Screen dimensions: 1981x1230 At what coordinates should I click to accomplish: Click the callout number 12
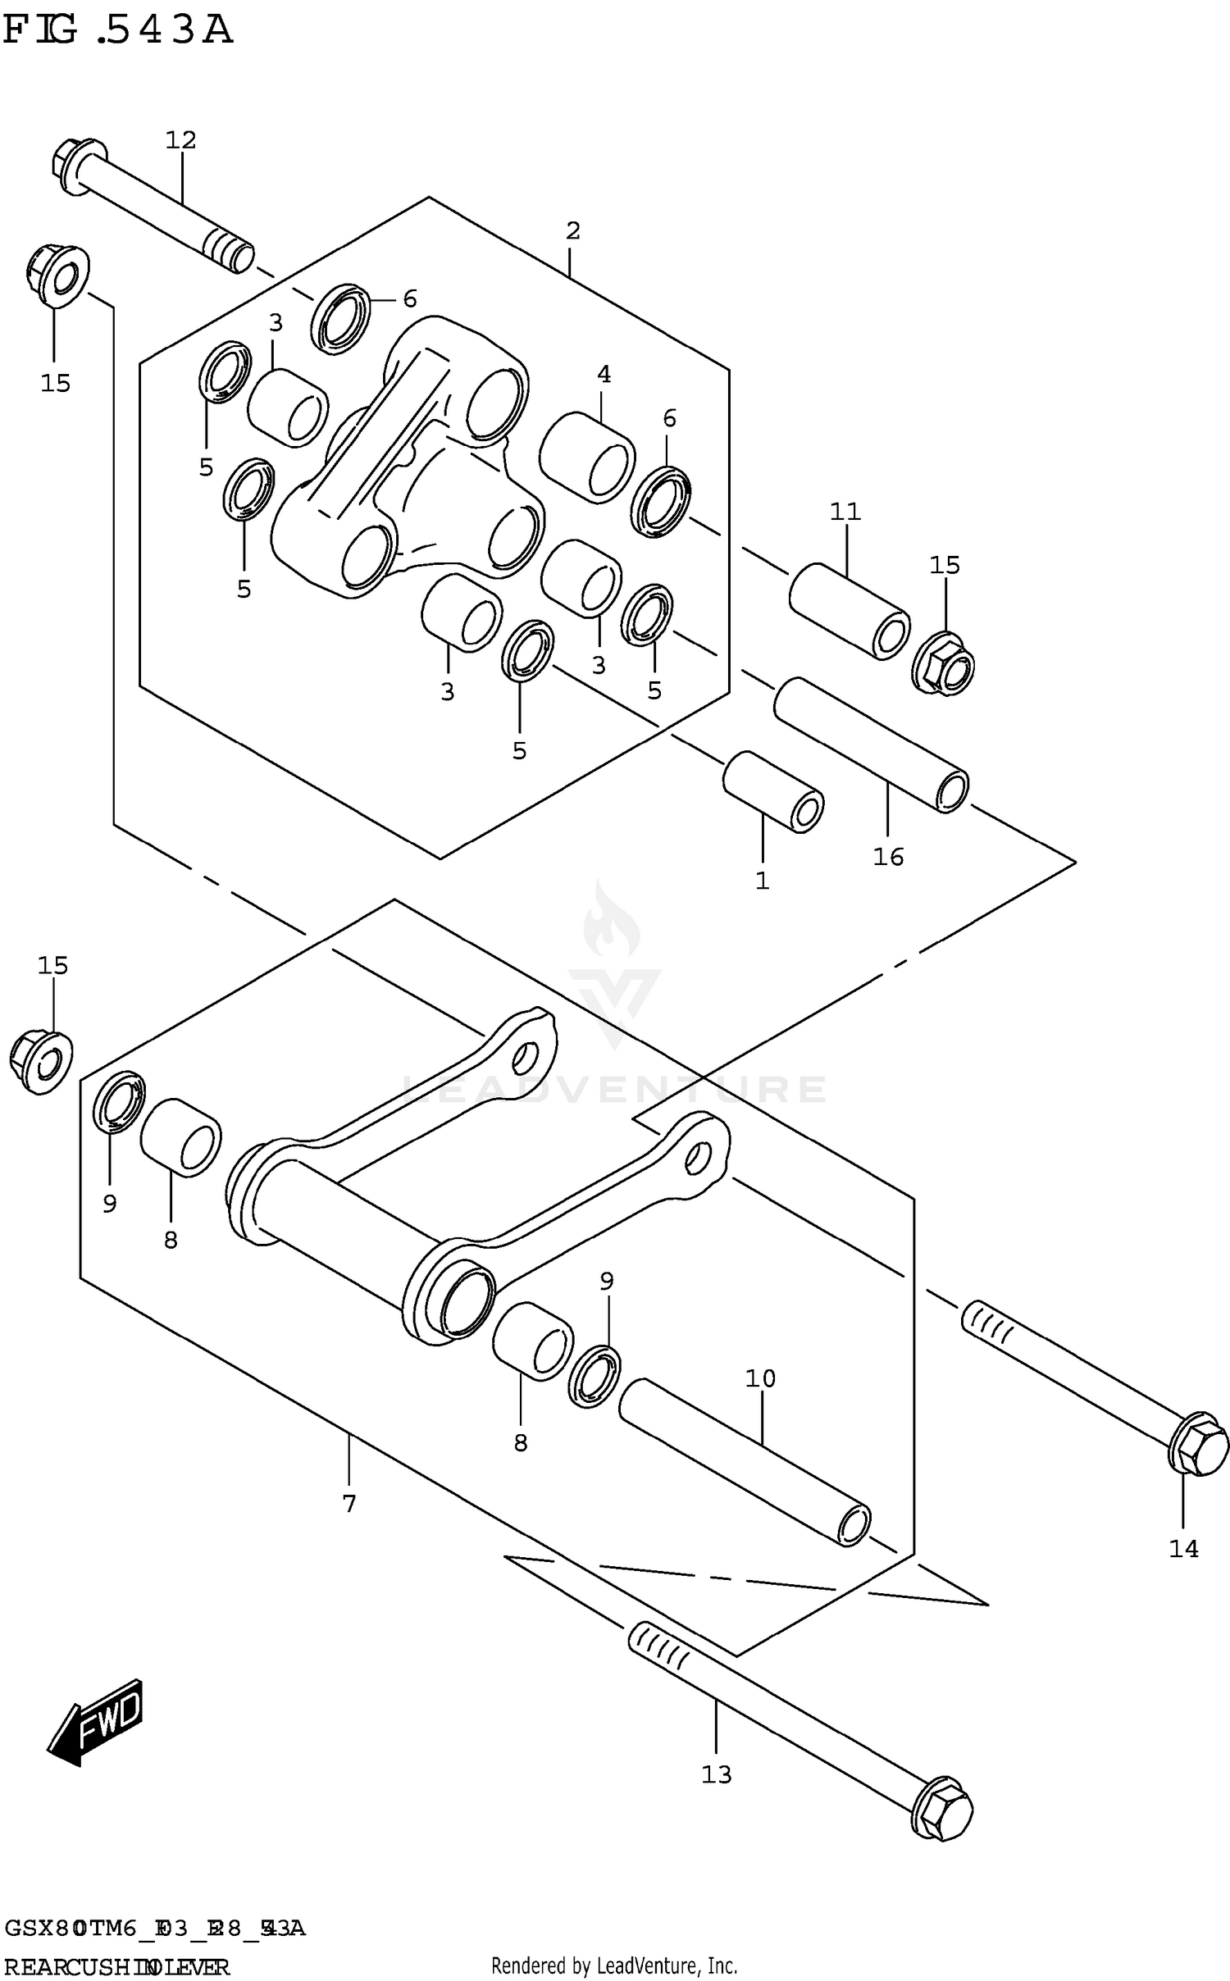(181, 140)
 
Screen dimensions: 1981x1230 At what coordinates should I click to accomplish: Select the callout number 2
(572, 231)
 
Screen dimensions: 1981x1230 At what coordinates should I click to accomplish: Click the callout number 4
(604, 375)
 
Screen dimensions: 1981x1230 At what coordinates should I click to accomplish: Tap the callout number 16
(888, 857)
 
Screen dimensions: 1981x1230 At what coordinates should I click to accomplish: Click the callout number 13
(716, 1774)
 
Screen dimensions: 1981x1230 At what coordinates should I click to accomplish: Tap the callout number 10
(760, 1379)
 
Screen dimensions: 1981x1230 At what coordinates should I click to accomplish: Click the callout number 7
(349, 1504)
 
